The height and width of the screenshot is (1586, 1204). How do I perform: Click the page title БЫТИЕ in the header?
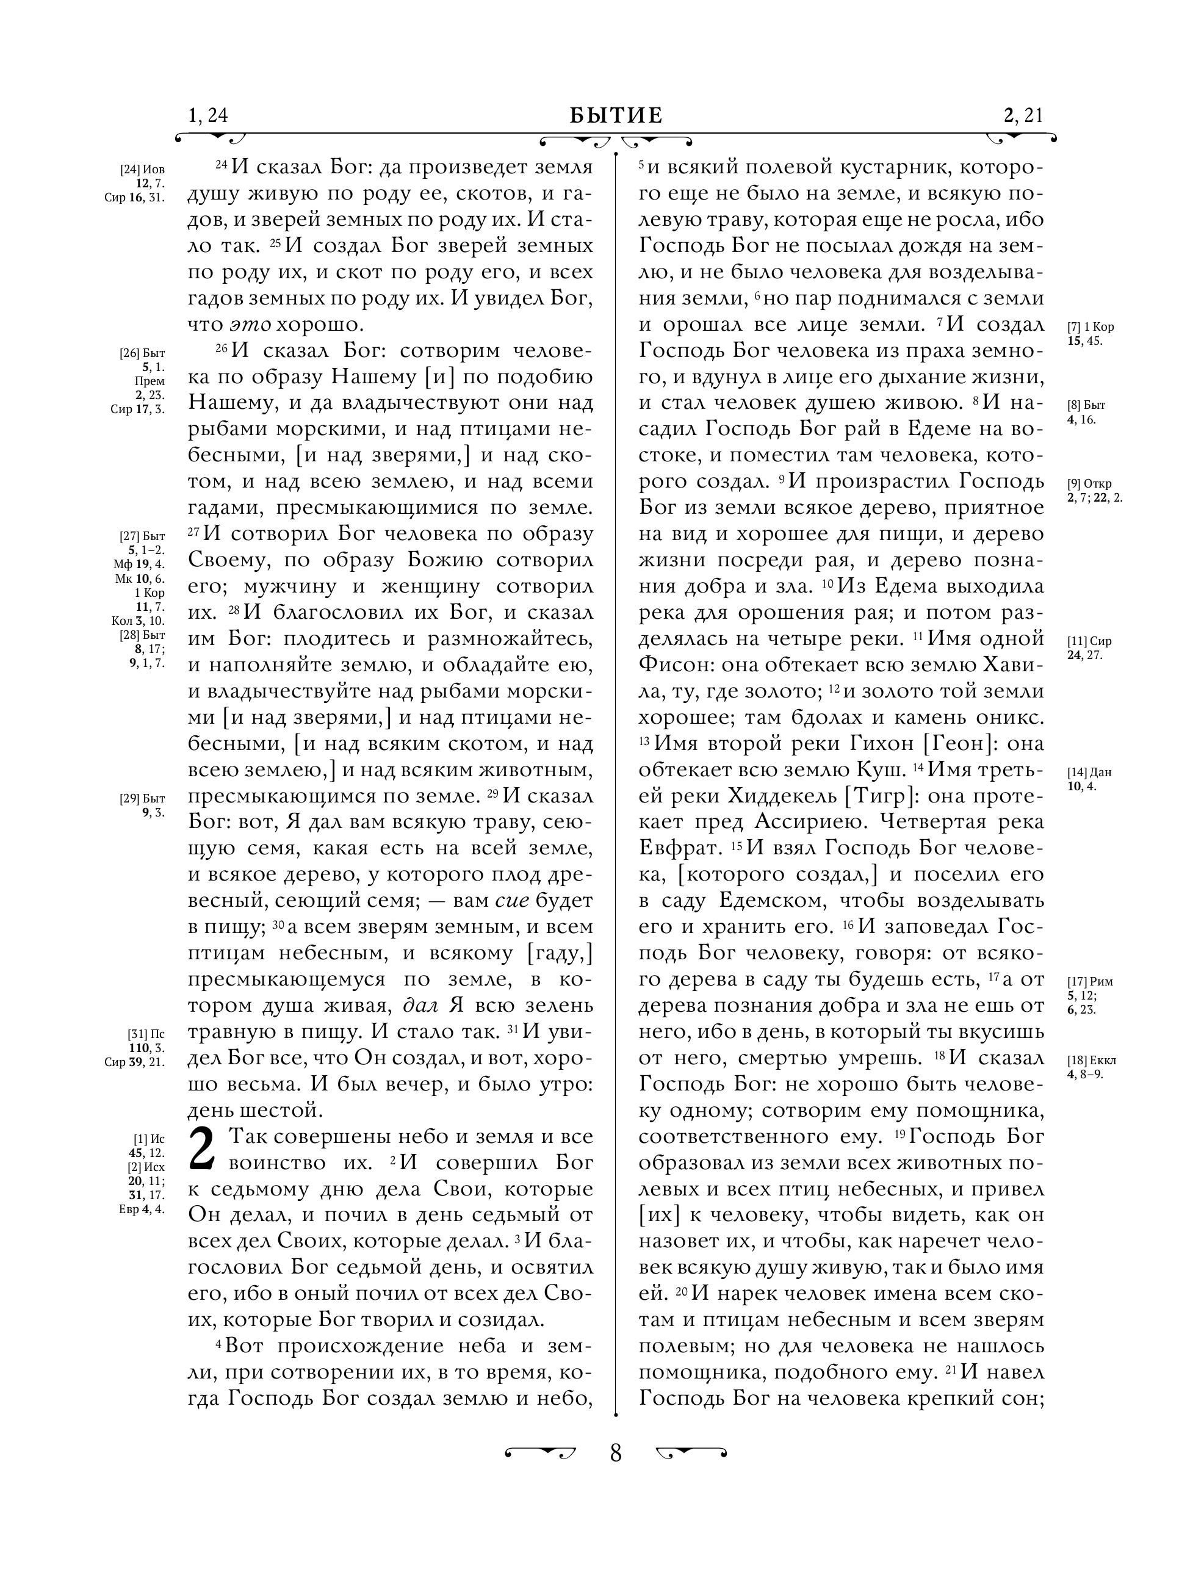(x=616, y=115)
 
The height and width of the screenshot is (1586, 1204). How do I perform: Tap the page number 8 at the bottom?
(x=615, y=1454)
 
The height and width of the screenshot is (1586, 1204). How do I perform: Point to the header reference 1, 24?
(x=207, y=115)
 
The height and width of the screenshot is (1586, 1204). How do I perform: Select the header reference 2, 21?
(x=1023, y=115)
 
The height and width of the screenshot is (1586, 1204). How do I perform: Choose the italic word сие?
(x=511, y=901)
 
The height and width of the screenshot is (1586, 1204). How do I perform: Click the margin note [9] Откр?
(x=1089, y=483)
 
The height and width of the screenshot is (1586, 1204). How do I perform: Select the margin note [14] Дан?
(x=1089, y=772)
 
